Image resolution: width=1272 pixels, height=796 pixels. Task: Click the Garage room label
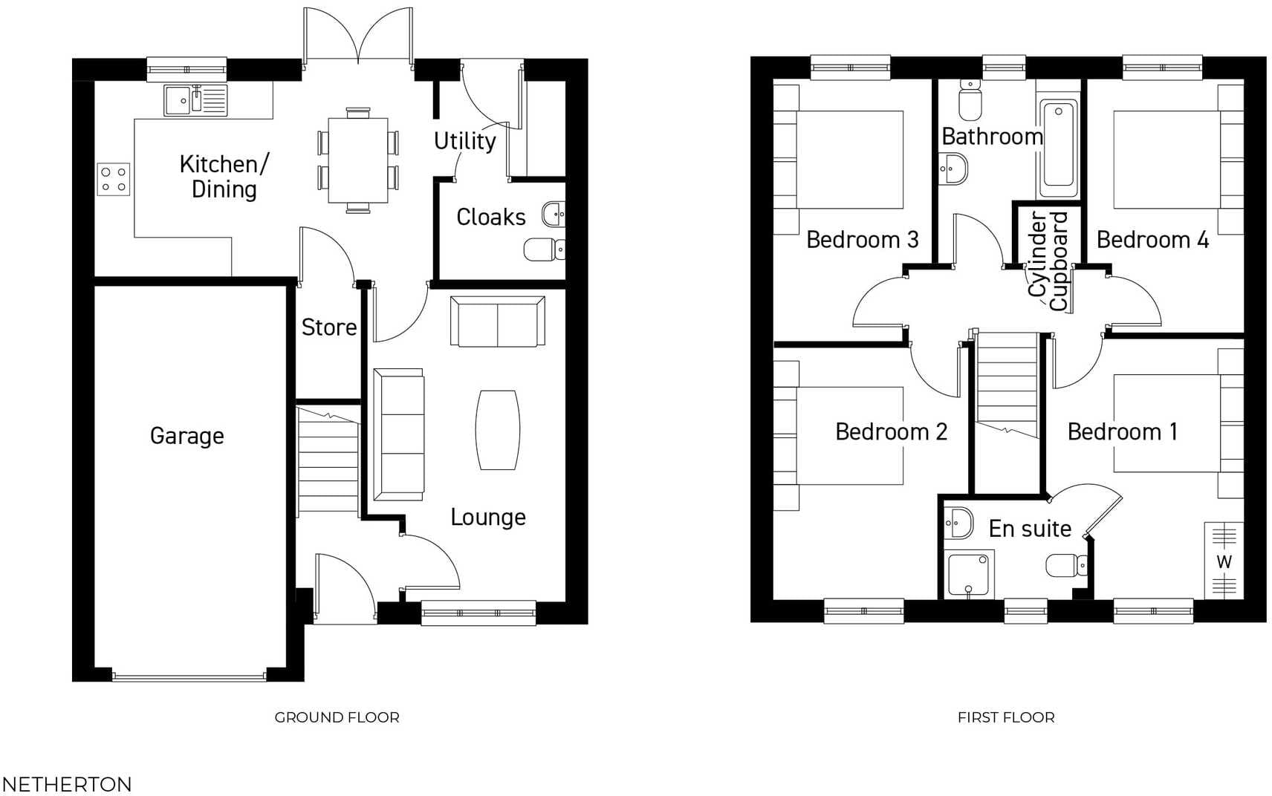coord(186,436)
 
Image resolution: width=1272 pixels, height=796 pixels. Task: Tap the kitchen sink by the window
coord(195,100)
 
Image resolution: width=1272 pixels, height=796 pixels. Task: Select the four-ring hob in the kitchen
coord(113,179)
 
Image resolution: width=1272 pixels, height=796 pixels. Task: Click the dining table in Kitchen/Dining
coord(358,160)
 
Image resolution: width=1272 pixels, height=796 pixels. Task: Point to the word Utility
coord(464,140)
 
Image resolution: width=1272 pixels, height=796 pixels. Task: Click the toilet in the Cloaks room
coord(543,249)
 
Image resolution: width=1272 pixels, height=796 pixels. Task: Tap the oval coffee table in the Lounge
coord(497,430)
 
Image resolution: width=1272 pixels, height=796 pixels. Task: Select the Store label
coord(328,327)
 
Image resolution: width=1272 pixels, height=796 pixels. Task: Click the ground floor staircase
coord(328,460)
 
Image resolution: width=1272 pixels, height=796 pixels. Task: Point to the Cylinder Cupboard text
coord(1048,261)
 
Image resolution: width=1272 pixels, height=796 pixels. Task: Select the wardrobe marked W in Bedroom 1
coord(1224,561)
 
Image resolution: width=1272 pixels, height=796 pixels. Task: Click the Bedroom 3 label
coord(862,240)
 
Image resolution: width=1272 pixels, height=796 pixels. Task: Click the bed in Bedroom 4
coord(1166,160)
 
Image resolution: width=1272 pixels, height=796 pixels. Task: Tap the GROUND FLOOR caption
coord(337,717)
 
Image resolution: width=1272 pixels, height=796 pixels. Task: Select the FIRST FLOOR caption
coord(1005,717)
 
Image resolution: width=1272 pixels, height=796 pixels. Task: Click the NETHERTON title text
coord(67,784)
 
